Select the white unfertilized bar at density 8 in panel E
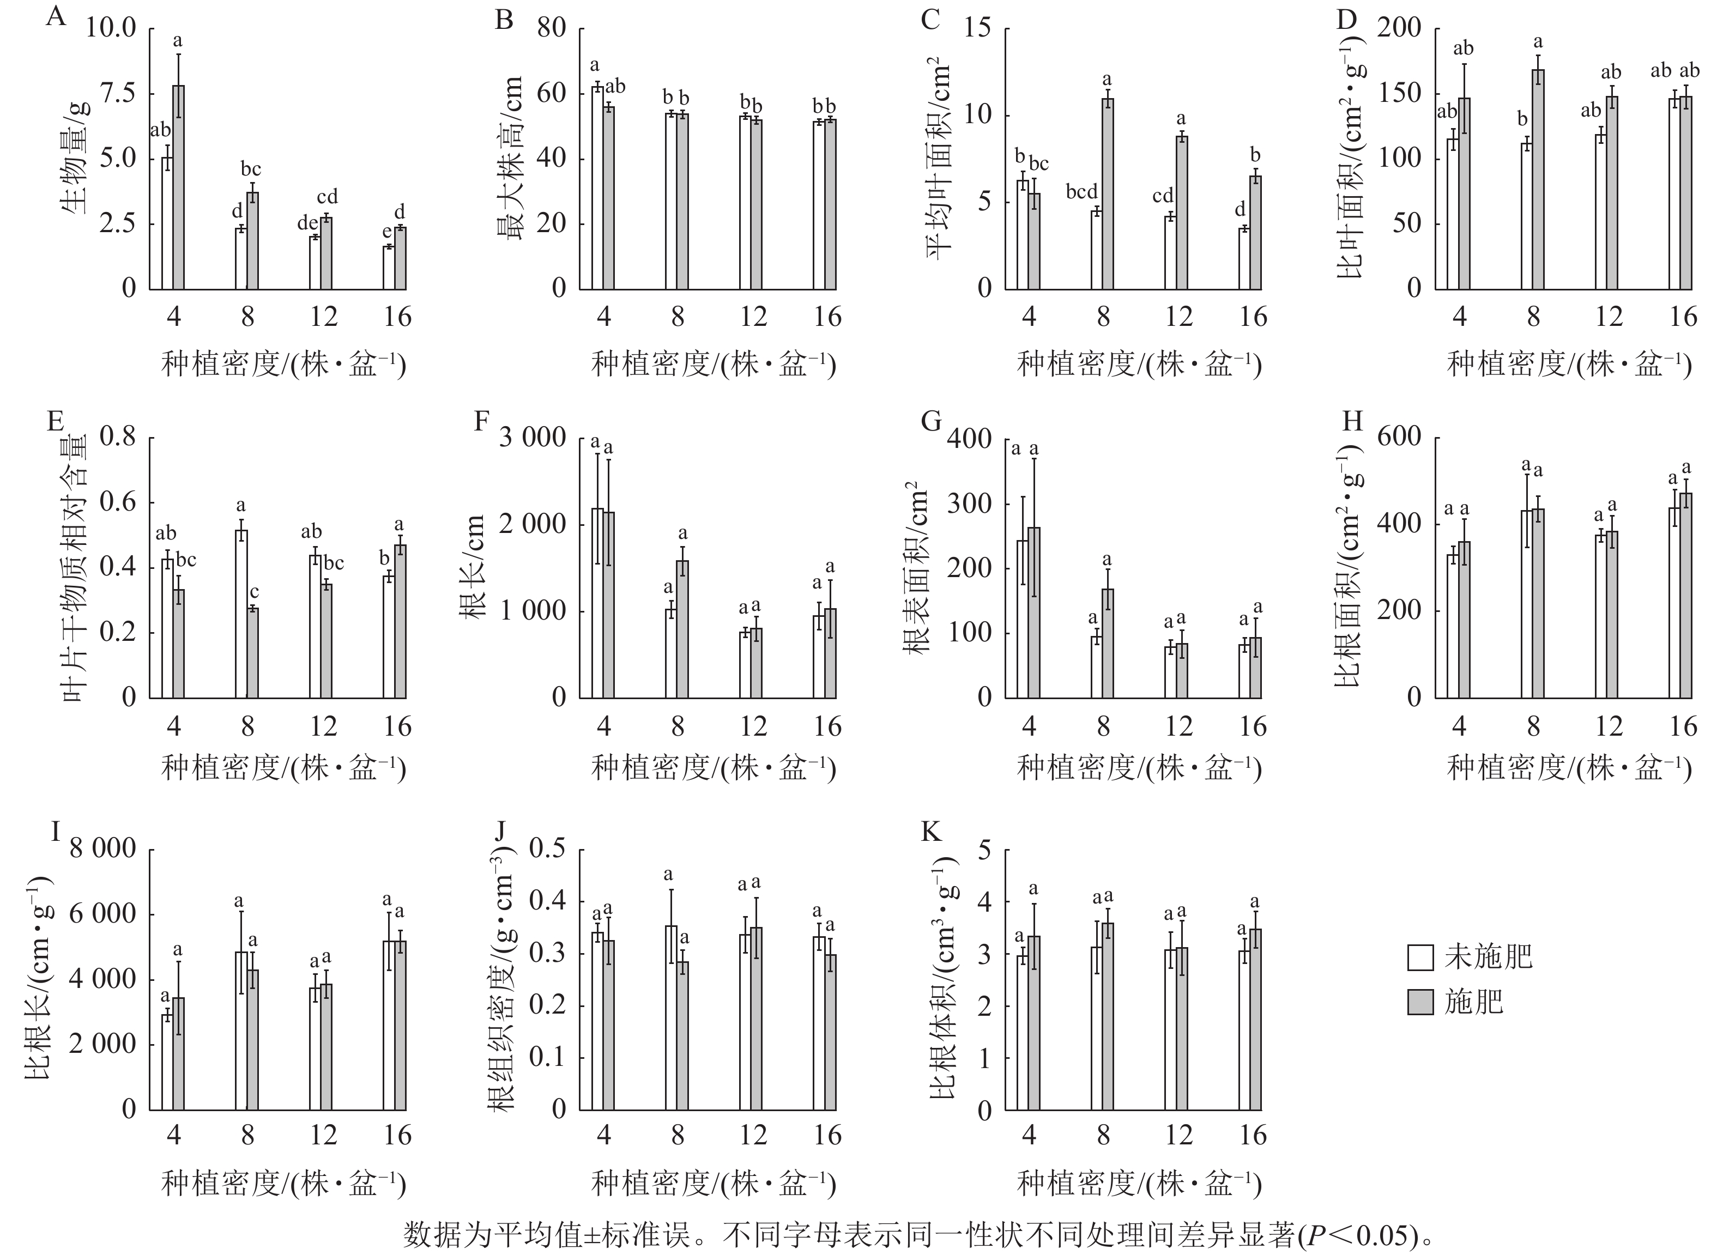coord(241,614)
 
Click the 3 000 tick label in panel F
coord(533,438)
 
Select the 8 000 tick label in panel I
coord(102,848)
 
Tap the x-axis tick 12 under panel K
coord(1178,1136)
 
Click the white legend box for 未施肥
coord(1420,958)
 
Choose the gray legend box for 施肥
coord(1420,1003)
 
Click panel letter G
coord(930,421)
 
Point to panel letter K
coord(930,832)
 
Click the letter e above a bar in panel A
coord(386,230)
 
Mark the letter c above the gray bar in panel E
coord(255,592)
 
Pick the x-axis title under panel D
coord(1569,366)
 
